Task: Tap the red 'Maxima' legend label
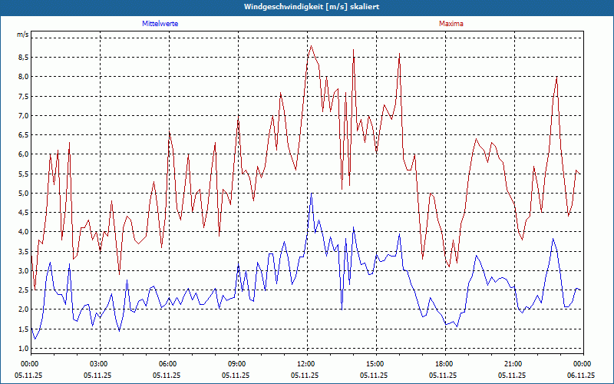click(x=451, y=24)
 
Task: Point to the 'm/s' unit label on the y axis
click(x=22, y=35)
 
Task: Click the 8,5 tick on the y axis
click(x=22, y=57)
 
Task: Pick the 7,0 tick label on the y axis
click(x=22, y=115)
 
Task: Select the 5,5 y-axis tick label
click(x=22, y=174)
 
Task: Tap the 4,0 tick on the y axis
click(x=22, y=232)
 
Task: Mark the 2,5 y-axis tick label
click(x=22, y=290)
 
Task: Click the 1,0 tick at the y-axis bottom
click(x=22, y=349)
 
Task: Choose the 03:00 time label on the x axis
click(x=99, y=363)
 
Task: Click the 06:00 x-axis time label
click(x=168, y=363)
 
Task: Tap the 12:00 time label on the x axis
click(x=306, y=363)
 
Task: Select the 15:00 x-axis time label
click(x=375, y=363)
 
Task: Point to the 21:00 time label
click(x=513, y=363)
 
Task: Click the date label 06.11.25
click(x=581, y=375)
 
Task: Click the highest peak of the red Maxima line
click(x=311, y=46)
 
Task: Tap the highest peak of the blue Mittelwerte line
click(x=311, y=195)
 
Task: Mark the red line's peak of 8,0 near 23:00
click(x=556, y=77)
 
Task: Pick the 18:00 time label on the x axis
click(x=444, y=363)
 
